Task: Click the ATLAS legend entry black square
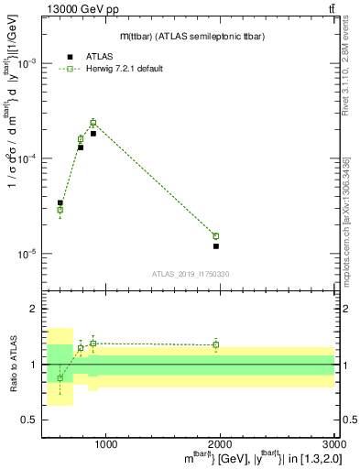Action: [71, 57]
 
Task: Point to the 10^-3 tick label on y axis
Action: [31, 63]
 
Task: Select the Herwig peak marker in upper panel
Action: [93, 123]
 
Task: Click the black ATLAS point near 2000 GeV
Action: [216, 246]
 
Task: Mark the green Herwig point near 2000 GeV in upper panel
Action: [216, 236]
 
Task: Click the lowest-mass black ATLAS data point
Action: [60, 203]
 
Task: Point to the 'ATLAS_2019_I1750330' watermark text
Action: [190, 274]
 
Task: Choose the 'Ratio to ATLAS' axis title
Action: [12, 365]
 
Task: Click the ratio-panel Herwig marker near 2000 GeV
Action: [216, 345]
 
